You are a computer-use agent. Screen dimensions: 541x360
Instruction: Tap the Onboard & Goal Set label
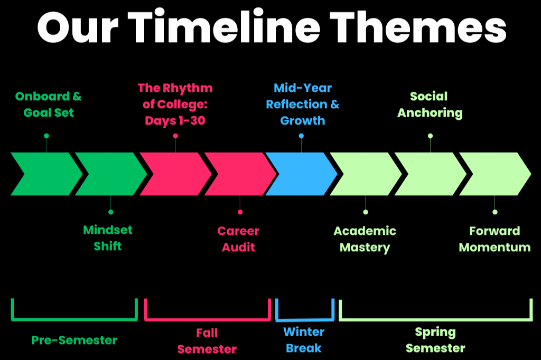coord(49,105)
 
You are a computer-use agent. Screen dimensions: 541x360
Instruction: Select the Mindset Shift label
coord(108,238)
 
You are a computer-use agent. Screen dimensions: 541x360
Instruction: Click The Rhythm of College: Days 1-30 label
coord(175,104)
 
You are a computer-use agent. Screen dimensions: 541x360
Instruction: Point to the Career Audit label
coord(238,239)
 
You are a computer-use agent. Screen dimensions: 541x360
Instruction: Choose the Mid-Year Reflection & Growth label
coord(303,104)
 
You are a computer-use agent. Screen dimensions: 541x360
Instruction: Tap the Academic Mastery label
coord(365,239)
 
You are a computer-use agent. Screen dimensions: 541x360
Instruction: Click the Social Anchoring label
coord(430,105)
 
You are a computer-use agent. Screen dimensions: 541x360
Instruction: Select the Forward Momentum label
coord(495,239)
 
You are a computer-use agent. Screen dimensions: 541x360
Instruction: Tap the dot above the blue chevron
coord(301,136)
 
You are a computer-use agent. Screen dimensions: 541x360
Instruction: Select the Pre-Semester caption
coord(74,340)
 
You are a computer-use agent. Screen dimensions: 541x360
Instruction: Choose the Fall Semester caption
coord(207,341)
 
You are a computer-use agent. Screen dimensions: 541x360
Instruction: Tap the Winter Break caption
coord(304,340)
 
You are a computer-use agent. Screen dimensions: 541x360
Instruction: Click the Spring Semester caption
coord(435,340)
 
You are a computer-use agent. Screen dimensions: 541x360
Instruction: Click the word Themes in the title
coord(418,26)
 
